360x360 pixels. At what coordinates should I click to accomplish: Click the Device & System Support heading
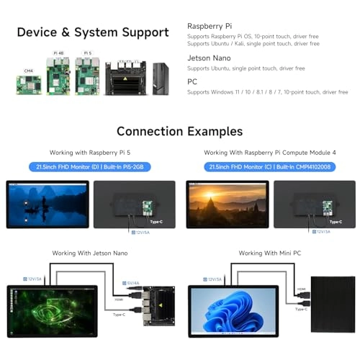(x=92, y=32)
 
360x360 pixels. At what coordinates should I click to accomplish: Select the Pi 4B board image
(x=58, y=76)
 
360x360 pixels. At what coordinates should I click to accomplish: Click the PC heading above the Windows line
(x=192, y=81)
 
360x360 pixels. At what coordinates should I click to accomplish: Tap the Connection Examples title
(x=179, y=132)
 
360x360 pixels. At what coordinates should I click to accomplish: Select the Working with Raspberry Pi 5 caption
(x=89, y=153)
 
